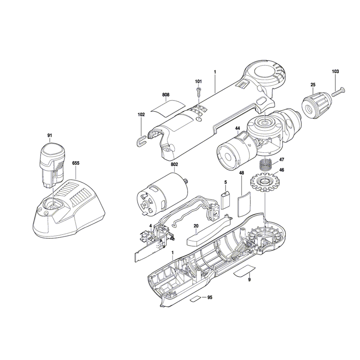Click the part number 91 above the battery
coord(50,135)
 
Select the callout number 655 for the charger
coord(76,163)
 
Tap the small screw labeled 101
coord(198,91)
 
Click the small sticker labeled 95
coord(196,298)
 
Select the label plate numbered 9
coord(245,271)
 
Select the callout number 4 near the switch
coord(150,226)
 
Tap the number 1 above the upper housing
coord(215,72)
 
